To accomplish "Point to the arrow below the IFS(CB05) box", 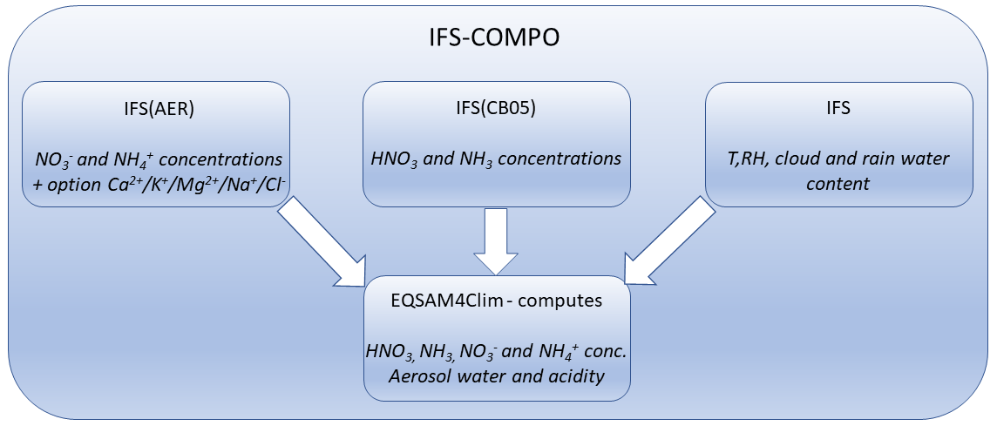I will [495, 240].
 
